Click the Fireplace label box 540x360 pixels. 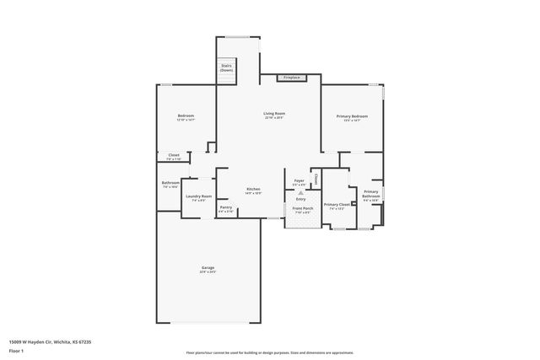pyautogui.click(x=291, y=78)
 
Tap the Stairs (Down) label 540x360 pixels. pyautogui.click(x=226, y=68)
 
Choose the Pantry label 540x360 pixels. pyautogui.click(x=225, y=207)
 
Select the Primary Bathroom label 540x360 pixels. pyautogui.click(x=370, y=194)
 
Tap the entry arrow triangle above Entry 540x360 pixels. pyautogui.click(x=300, y=192)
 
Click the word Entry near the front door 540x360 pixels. pyautogui.click(x=300, y=199)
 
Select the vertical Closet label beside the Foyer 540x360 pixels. pyautogui.click(x=316, y=180)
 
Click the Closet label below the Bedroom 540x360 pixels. pyautogui.click(x=173, y=155)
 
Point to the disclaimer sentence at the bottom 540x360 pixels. pyautogui.click(x=270, y=352)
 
